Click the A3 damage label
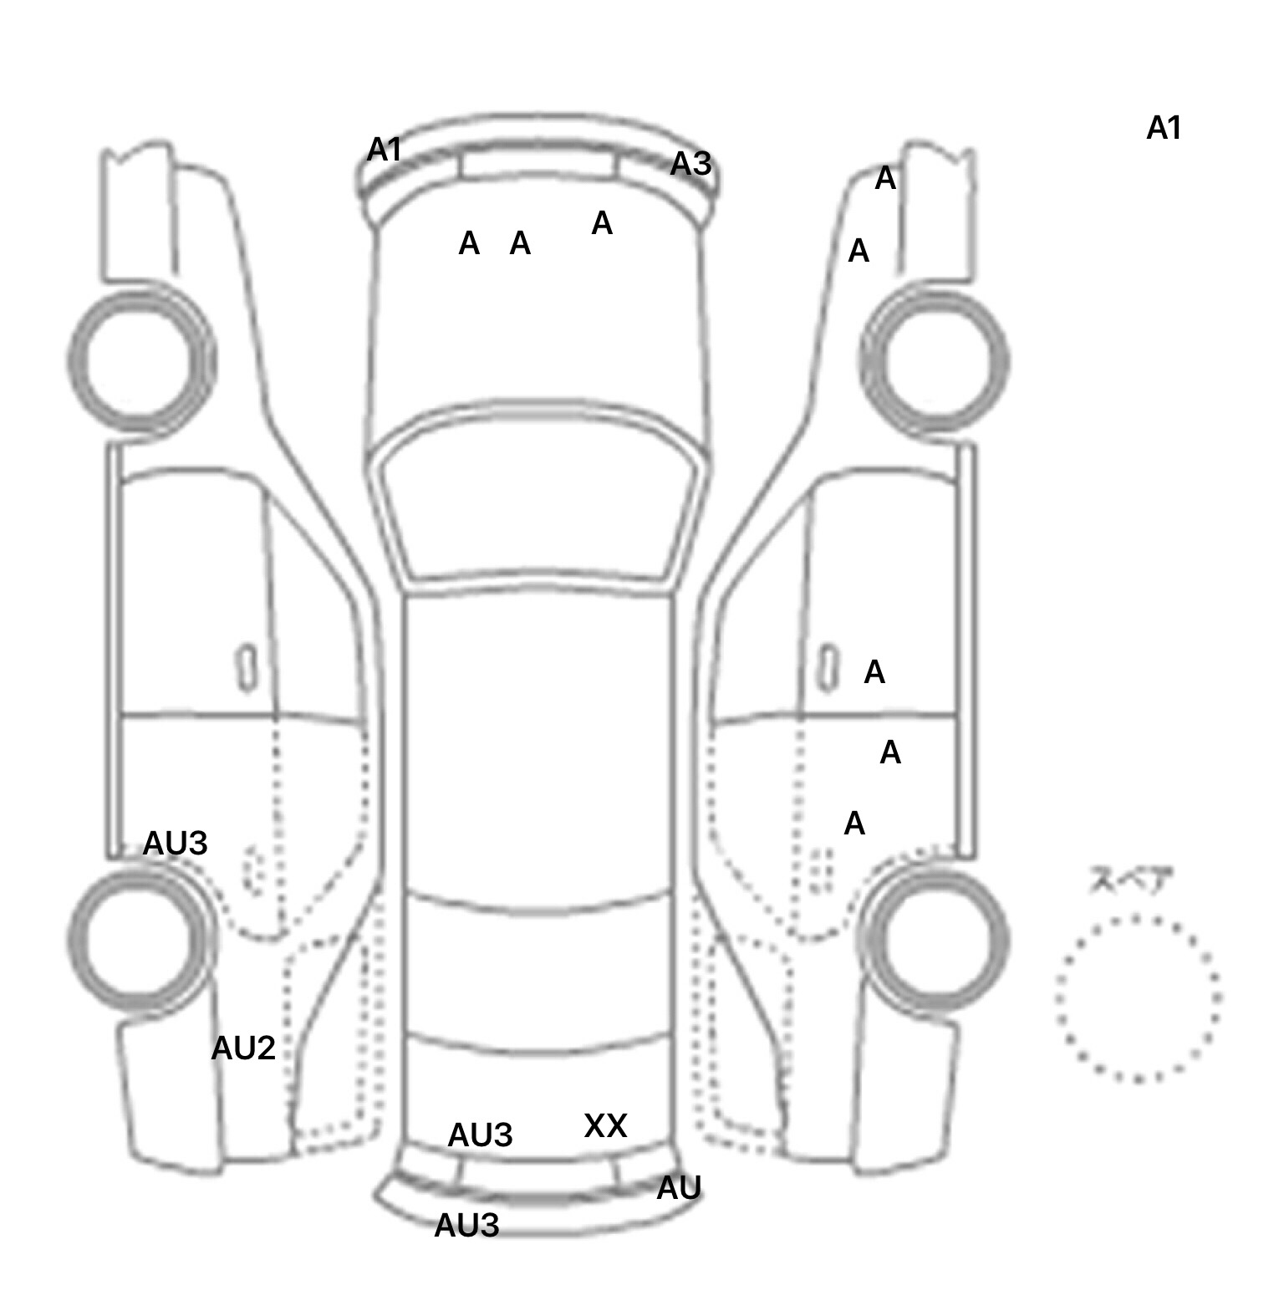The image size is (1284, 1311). [690, 164]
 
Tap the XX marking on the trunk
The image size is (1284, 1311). [605, 1125]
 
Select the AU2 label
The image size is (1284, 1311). [243, 1048]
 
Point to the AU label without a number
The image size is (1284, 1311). [678, 1187]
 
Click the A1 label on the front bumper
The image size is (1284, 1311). [385, 150]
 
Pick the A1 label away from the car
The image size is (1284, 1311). [1164, 128]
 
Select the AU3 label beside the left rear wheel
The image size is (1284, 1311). [175, 843]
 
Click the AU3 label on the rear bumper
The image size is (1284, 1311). [466, 1225]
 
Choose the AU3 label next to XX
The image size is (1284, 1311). [480, 1135]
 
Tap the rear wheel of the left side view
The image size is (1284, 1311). [140, 938]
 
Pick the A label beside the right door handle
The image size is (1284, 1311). [874, 671]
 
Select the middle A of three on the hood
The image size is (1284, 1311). [520, 243]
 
